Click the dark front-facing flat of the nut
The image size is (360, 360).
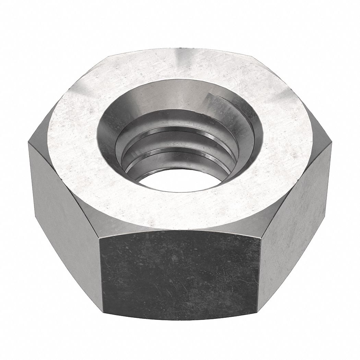click(178, 274)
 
